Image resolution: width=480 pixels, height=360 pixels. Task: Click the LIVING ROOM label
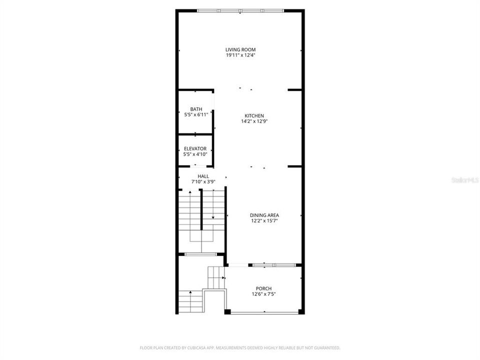(240, 49)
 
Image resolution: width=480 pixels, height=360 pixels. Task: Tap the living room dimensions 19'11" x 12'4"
(240, 55)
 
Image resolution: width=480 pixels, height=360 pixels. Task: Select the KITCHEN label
(254, 115)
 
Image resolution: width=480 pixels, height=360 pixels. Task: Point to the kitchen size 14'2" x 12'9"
(254, 121)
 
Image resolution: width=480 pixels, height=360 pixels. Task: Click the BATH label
(196, 109)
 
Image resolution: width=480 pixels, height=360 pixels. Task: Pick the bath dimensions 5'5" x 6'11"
(196, 114)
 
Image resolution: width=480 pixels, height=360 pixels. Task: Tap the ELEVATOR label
(195, 148)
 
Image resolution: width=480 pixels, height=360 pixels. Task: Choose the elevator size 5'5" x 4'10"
(195, 154)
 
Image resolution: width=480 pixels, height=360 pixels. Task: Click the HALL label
(203, 176)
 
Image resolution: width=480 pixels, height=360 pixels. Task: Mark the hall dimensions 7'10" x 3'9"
(203, 181)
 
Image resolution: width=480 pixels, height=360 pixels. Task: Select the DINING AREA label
(264, 215)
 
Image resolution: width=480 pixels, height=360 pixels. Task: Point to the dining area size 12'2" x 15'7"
(264, 220)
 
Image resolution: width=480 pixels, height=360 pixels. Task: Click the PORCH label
(263, 288)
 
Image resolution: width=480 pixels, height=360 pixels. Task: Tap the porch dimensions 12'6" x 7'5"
(263, 294)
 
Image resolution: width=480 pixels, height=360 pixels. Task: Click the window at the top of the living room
(240, 10)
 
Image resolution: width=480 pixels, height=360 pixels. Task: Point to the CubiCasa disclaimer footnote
(240, 347)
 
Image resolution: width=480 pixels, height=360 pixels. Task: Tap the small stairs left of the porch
(216, 276)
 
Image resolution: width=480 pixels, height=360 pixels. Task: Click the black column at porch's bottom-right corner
(301, 311)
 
